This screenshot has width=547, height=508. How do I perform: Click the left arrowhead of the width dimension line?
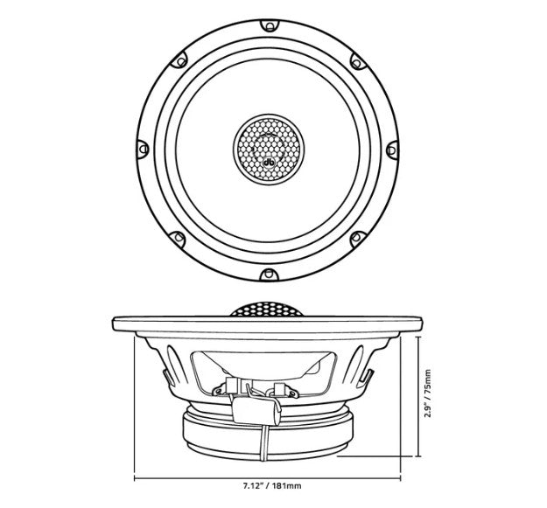[136, 479]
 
